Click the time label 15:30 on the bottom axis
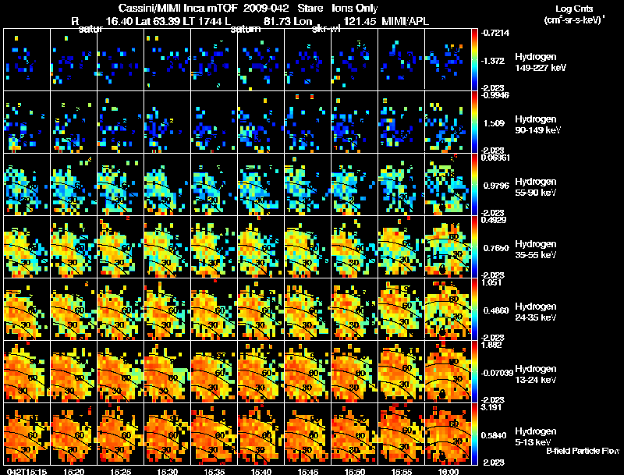[168, 471]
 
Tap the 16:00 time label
[448, 471]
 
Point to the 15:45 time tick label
[308, 471]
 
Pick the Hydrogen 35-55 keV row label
[537, 250]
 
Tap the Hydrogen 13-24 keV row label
[537, 374]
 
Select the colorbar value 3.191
[493, 407]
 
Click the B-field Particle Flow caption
[583, 450]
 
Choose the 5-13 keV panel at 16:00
[448, 434]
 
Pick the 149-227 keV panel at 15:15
[27, 59]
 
